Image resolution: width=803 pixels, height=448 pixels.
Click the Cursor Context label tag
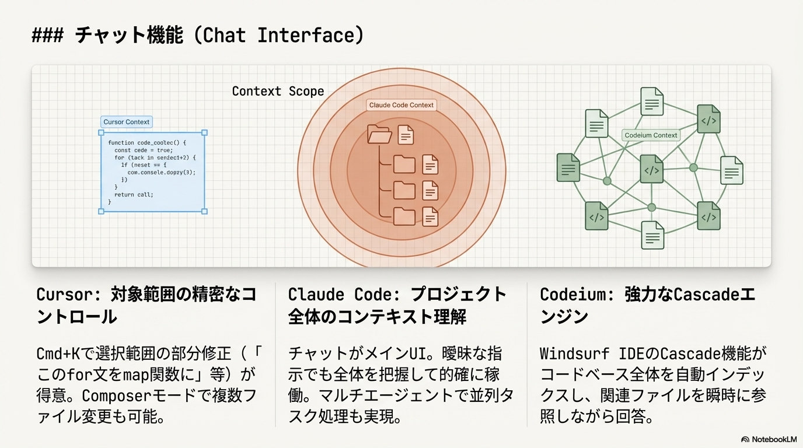tap(127, 122)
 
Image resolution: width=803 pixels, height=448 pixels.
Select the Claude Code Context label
tap(401, 105)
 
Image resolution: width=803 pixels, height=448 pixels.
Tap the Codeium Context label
tap(651, 135)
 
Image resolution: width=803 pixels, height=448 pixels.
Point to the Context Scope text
tap(278, 92)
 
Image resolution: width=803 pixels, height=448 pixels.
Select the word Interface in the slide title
tap(306, 36)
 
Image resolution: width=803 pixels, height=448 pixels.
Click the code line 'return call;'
tap(134, 195)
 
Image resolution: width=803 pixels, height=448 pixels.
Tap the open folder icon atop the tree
tap(379, 134)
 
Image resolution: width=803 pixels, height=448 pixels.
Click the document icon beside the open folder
tap(406, 135)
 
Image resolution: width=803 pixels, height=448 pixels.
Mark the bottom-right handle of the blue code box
tap(204, 211)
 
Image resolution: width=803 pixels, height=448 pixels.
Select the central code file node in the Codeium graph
tap(651, 170)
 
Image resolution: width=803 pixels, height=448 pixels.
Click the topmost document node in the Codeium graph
tap(652, 101)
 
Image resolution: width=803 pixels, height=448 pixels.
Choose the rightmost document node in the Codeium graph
tap(731, 170)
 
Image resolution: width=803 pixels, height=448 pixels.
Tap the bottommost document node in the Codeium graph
tap(652, 235)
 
